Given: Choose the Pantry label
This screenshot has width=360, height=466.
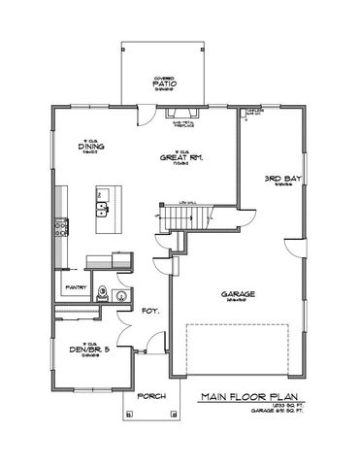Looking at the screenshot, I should [x=76, y=287].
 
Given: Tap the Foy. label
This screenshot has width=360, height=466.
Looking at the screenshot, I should [x=150, y=312].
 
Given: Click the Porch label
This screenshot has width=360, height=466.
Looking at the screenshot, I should [x=152, y=397].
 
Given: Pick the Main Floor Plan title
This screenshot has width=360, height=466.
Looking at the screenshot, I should [x=245, y=397].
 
